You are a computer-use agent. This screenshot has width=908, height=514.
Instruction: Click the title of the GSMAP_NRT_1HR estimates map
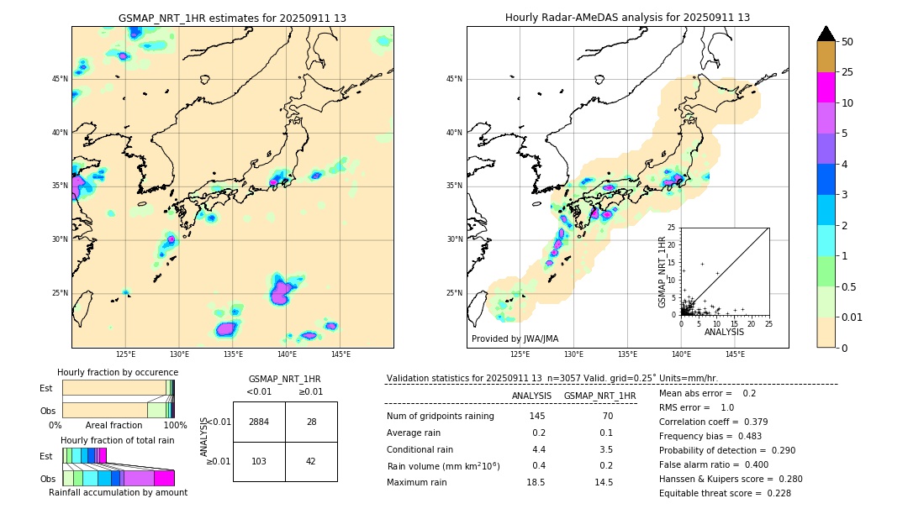(232, 18)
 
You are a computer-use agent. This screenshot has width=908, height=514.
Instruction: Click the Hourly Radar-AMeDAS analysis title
(627, 18)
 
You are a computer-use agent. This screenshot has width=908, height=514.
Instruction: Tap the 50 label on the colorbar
(847, 41)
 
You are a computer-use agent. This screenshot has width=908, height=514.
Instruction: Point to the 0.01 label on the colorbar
(851, 317)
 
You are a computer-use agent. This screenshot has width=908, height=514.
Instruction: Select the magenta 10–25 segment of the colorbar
(826, 87)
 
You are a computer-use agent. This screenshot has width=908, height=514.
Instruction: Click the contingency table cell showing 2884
(259, 422)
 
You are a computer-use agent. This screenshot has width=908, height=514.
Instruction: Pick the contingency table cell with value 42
(311, 461)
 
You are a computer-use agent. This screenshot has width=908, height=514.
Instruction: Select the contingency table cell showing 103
(259, 461)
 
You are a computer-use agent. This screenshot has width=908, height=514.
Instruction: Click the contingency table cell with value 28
(311, 422)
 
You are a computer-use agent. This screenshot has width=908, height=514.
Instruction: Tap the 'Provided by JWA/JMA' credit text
(515, 339)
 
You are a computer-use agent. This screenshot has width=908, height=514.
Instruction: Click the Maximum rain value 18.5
(536, 482)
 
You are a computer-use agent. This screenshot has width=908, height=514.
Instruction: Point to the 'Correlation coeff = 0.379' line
(714, 422)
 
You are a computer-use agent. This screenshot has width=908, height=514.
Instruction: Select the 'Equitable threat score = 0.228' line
(725, 493)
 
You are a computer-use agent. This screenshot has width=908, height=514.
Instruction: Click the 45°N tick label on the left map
(60, 79)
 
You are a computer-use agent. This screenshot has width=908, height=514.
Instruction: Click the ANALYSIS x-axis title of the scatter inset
(724, 332)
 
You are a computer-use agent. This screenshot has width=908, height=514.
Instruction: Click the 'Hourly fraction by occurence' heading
(118, 372)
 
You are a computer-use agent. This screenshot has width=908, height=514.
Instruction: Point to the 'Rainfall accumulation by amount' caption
(118, 493)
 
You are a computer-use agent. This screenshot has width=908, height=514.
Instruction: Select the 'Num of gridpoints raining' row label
(440, 417)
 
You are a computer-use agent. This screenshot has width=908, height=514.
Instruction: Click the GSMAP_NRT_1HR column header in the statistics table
(599, 396)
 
